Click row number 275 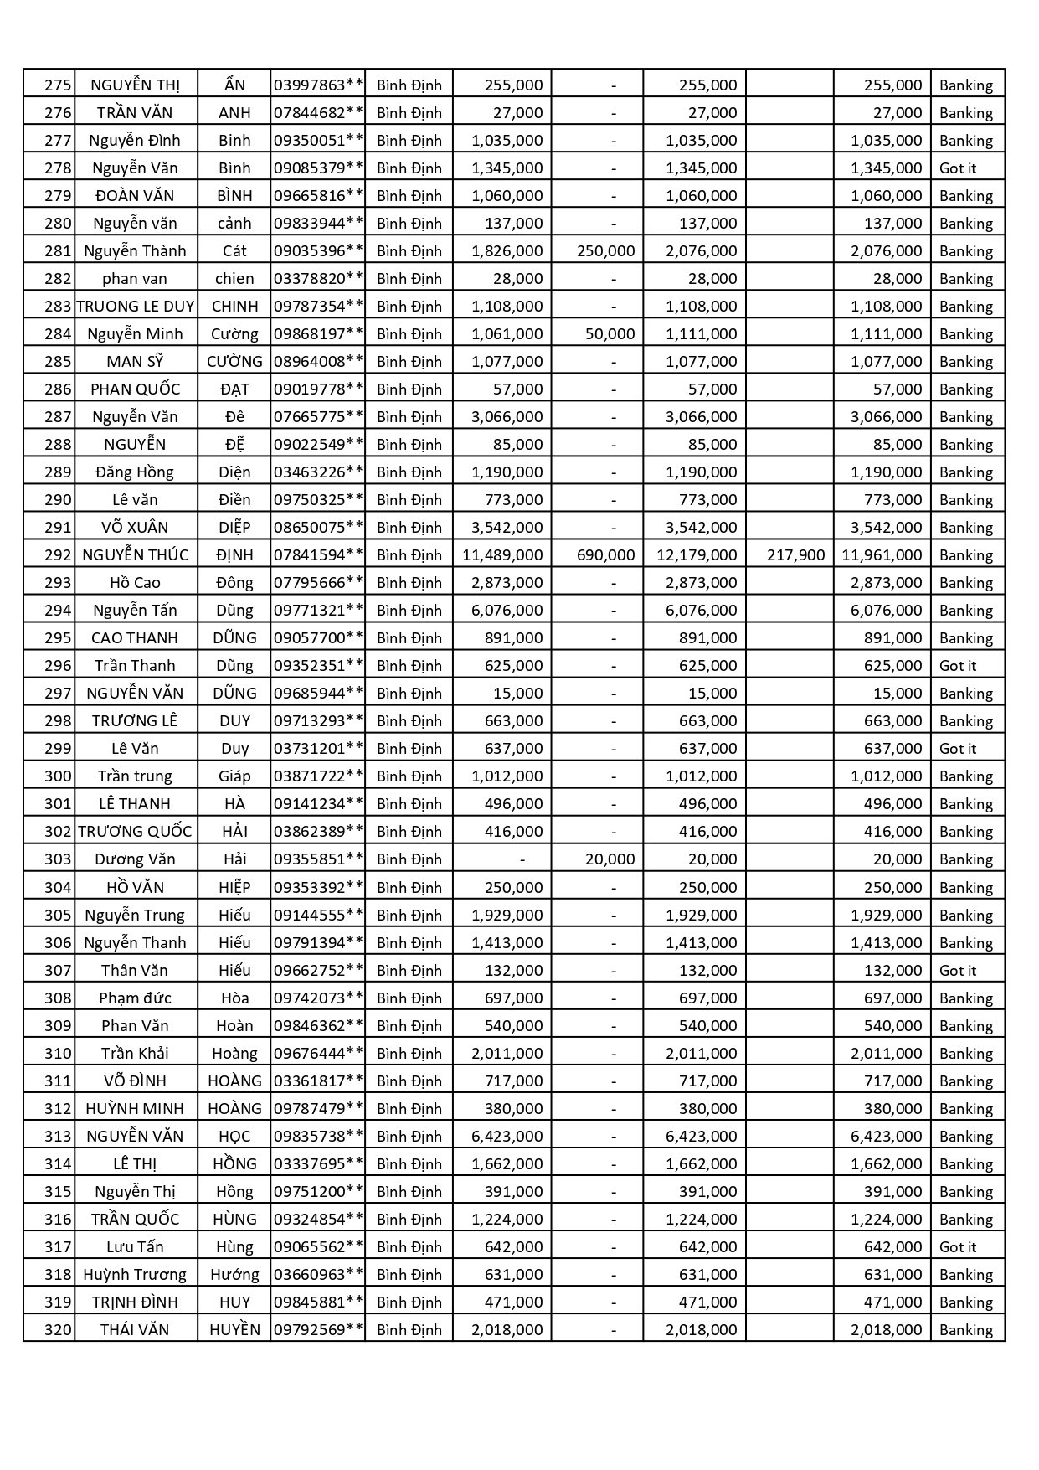tap(58, 85)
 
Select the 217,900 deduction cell tap(795, 554)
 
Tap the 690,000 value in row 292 tap(605, 554)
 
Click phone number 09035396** tap(318, 250)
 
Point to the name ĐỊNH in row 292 tap(234, 554)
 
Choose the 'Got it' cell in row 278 tap(958, 168)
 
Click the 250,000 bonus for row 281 tap(605, 250)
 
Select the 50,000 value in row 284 tap(610, 333)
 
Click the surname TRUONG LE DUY tap(136, 306)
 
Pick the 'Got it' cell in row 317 tap(958, 1246)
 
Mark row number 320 tap(58, 1329)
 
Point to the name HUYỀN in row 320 tap(234, 1329)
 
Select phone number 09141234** tap(318, 803)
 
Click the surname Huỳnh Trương tap(135, 1274)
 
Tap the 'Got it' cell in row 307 tap(958, 970)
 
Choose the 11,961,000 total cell tap(882, 554)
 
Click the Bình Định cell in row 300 tap(409, 776)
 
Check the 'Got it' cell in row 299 tap(958, 748)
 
